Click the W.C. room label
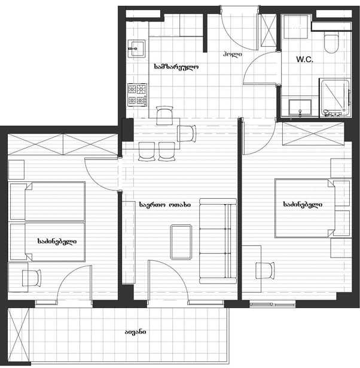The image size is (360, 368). coord(304,59)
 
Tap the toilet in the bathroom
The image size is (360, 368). coord(331,44)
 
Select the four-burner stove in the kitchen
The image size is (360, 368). coord(138,95)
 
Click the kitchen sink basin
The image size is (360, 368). coord(137,49)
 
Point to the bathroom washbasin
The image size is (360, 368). coord(300,108)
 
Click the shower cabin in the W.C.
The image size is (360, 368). coord(335,98)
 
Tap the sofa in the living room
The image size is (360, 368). coord(218,241)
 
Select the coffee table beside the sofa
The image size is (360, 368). coord(181,242)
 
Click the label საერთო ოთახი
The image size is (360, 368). coord(165,205)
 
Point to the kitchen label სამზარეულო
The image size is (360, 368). coord(176,67)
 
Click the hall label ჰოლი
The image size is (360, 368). coord(233,54)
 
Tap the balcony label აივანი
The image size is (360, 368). coord(136,332)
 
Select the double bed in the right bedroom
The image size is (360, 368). coord(305,208)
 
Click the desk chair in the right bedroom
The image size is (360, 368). coord(265,270)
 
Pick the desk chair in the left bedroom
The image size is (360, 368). coord(32,278)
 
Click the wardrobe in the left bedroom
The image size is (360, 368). coord(63,144)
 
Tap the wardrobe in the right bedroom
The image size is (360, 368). coord(313,134)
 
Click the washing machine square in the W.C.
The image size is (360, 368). coord(296,26)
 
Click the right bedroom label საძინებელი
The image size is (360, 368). coord(303,205)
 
